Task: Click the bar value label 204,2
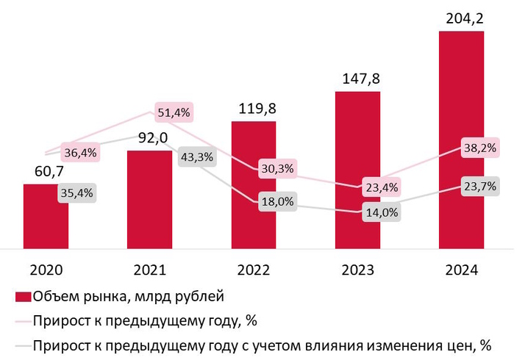click(x=461, y=17)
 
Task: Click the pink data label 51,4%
click(x=174, y=113)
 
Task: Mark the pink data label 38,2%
click(x=480, y=148)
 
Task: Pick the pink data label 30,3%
click(x=277, y=169)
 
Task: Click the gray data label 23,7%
click(x=480, y=187)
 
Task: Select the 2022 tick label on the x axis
click(x=254, y=270)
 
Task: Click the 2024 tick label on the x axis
click(x=461, y=270)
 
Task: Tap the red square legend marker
click(x=23, y=297)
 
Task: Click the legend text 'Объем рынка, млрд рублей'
click(x=128, y=297)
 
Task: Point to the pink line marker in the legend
click(x=23, y=321)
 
